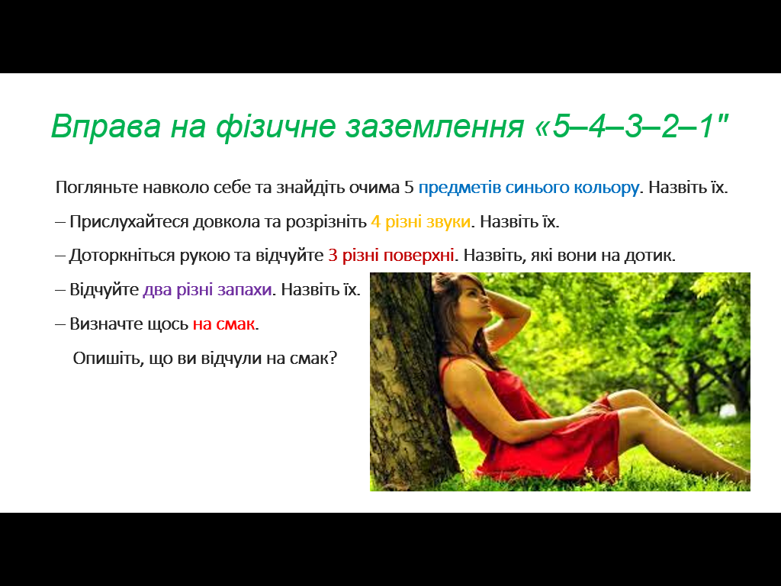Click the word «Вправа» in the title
pos(105,126)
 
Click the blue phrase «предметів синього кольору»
pos(529,188)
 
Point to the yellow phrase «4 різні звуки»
pos(421,221)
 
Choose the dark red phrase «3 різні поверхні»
pos(391,255)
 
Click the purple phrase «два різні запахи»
pos(207,289)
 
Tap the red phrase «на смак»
pos(223,324)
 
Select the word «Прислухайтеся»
pos(129,222)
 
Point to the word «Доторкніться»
pos(122,256)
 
